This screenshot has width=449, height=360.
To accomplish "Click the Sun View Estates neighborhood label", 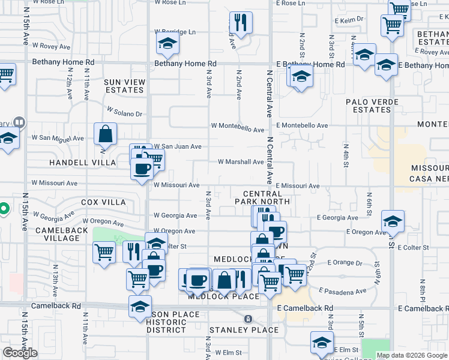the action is coord(124,86).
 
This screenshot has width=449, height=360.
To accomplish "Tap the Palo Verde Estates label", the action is coord(372,106).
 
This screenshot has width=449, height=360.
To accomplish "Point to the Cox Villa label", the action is coord(103,202).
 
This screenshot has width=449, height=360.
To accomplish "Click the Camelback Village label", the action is coord(58,234).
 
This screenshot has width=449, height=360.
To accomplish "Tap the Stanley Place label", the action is coord(244,330).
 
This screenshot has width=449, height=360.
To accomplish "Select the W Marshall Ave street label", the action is coord(241,162).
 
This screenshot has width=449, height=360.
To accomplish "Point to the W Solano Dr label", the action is coord(124,112).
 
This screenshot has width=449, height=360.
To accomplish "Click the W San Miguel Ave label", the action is coord(58,137).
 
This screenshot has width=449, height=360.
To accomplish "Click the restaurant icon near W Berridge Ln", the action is coord(241,23).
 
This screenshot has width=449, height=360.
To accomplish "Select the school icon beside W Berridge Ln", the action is coord(167,43).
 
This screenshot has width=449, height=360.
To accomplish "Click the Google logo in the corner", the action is coord(20,353).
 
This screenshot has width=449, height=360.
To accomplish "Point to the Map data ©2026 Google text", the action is coord(412,355).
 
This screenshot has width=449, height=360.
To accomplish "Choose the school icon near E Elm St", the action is coord(322,343).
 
